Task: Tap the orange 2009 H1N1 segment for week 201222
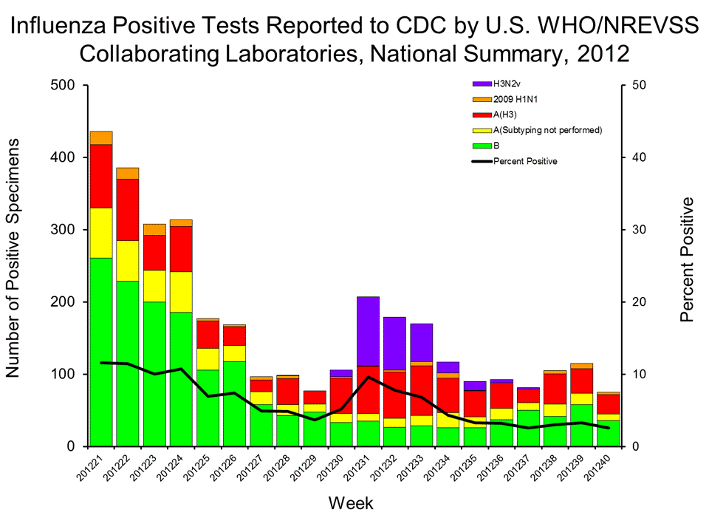point(128,173)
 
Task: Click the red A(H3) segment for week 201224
point(181,248)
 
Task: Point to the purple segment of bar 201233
point(421,342)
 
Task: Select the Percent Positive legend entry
point(524,161)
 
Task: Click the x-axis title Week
point(352,504)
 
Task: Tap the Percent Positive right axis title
point(687,259)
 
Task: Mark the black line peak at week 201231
point(368,378)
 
